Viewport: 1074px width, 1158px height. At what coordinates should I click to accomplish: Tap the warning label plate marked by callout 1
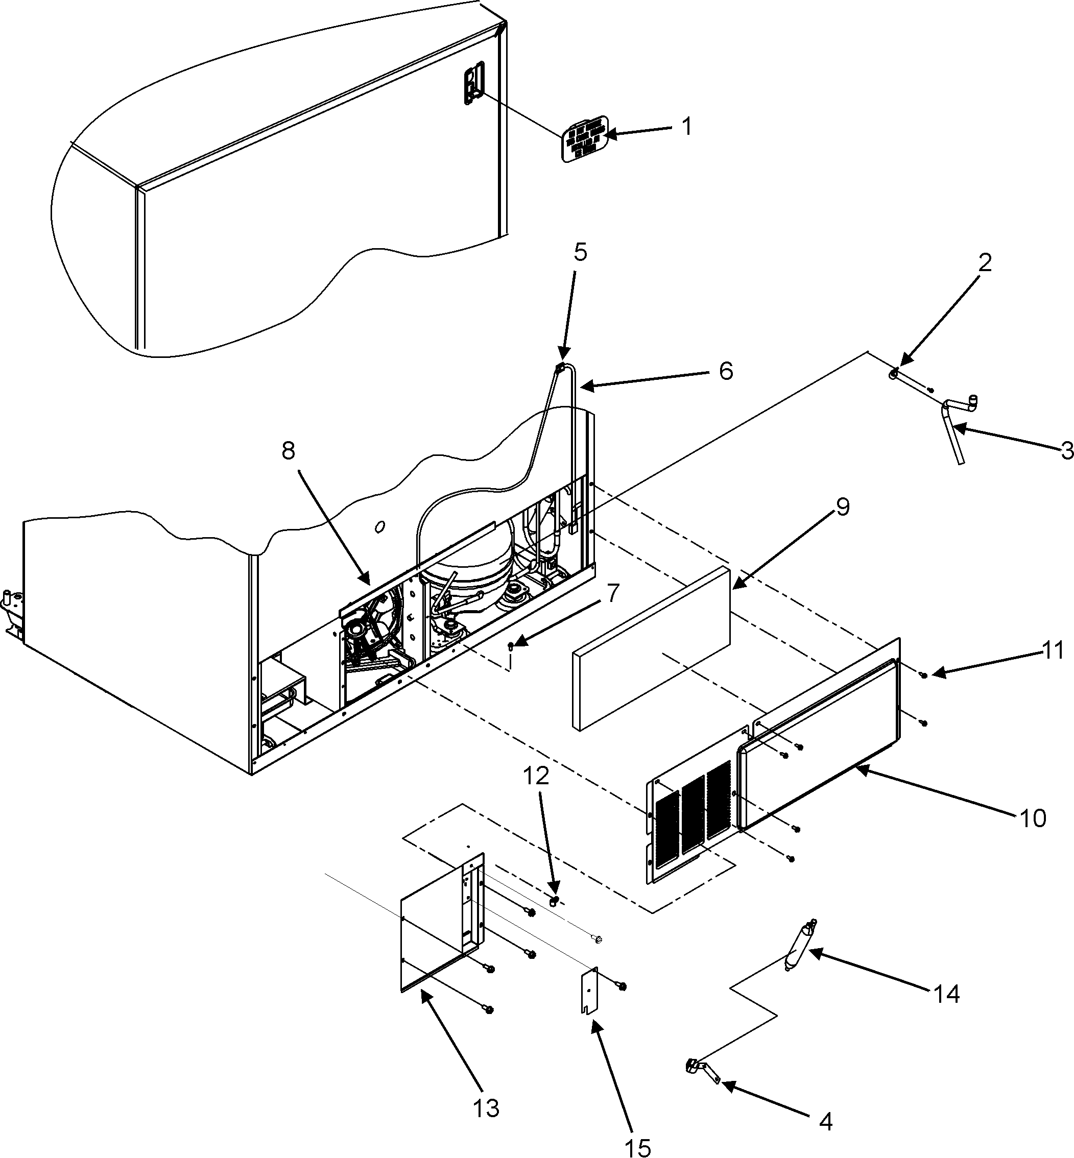(585, 139)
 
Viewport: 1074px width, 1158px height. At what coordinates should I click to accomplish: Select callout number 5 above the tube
(580, 252)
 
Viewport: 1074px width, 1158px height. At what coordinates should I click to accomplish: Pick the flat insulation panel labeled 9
(651, 648)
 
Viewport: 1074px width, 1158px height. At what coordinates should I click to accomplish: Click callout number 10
(1033, 818)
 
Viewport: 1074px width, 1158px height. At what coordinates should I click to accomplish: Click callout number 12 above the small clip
(538, 778)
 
